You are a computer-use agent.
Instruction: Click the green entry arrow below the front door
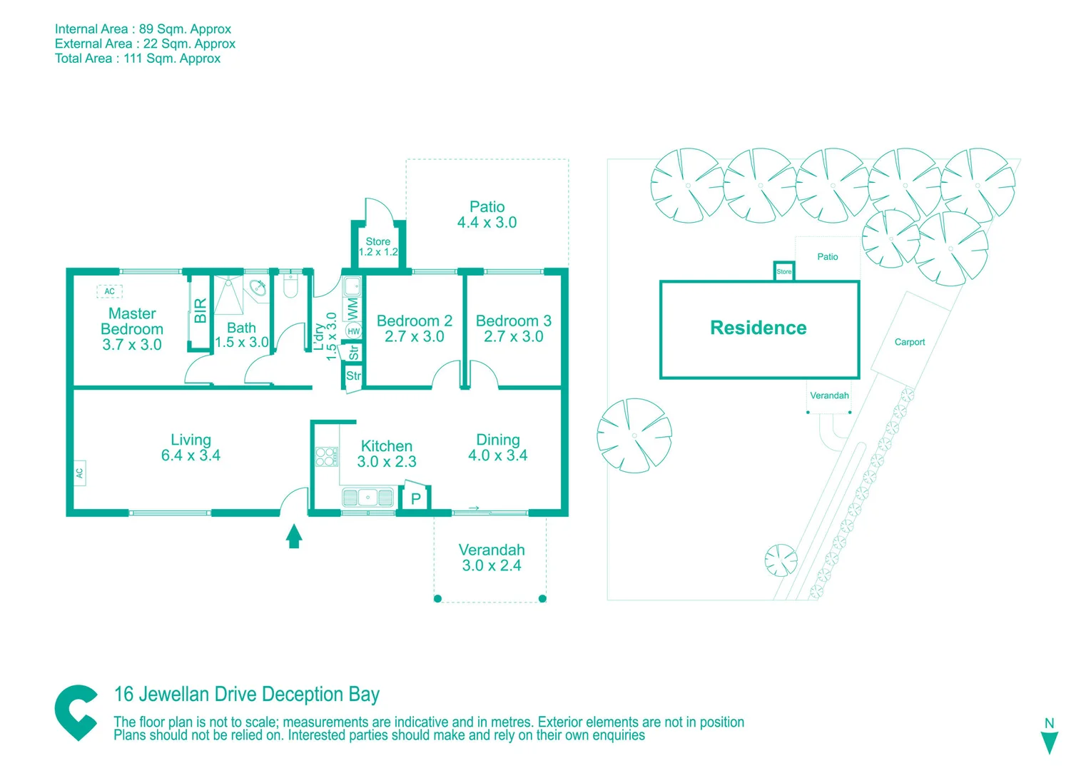(294, 536)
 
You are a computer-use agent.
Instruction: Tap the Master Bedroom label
(132, 329)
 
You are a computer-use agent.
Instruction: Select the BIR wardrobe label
(201, 311)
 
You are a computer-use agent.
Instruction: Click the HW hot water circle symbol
(353, 331)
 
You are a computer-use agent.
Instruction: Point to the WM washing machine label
(352, 309)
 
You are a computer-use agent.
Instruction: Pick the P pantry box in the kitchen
(415, 498)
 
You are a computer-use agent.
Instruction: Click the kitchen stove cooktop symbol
(326, 456)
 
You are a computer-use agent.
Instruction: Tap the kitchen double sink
(367, 497)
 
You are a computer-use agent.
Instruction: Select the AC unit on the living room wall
(79, 473)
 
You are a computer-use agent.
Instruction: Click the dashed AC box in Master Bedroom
(109, 291)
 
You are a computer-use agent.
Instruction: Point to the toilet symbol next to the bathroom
(290, 286)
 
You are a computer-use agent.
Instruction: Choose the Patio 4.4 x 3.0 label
(487, 215)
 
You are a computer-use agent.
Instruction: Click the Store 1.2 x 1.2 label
(378, 246)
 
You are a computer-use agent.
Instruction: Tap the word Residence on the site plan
(758, 328)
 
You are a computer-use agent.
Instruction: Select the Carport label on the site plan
(910, 342)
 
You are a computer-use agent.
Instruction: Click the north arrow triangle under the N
(1049, 743)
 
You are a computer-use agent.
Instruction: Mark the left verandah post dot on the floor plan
(437, 598)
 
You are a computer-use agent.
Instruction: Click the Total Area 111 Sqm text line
(138, 59)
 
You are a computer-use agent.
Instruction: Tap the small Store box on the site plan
(783, 271)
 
